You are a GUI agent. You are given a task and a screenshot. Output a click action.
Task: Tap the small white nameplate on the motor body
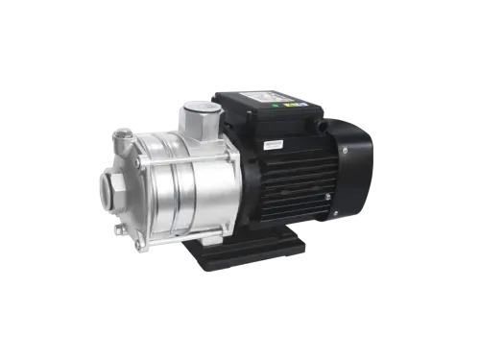(x=266, y=143)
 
